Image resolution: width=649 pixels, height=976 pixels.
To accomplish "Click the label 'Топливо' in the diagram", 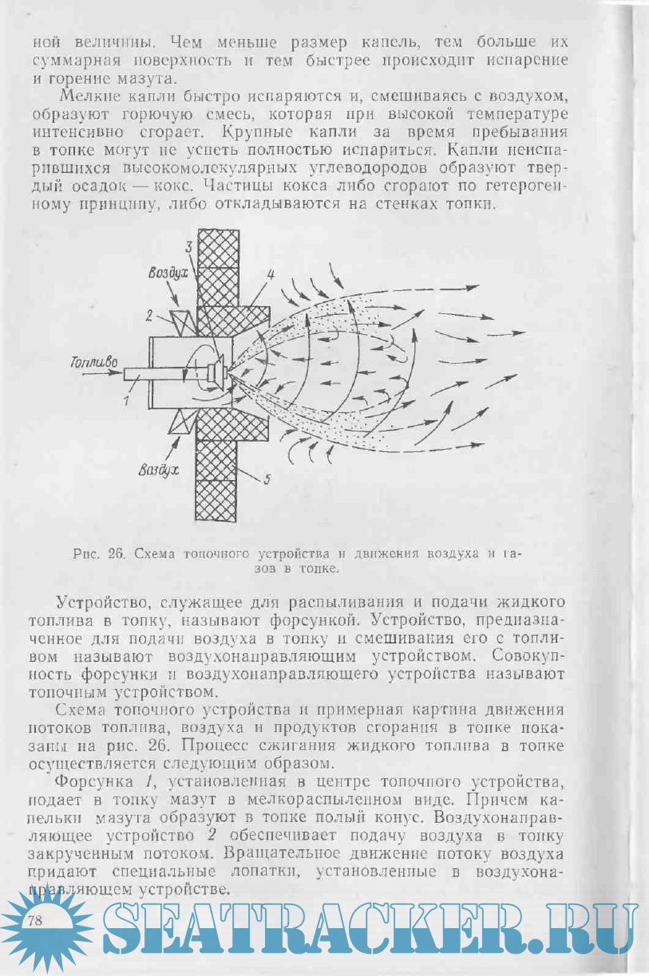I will [94, 364].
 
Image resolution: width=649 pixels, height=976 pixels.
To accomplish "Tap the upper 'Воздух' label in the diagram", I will [166, 273].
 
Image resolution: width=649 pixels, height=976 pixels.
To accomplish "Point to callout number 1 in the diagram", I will [125, 401].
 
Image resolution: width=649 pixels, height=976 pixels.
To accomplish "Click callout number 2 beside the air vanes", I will [148, 316].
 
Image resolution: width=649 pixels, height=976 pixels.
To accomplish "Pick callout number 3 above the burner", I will [190, 246].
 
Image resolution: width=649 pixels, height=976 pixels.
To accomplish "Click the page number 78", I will [35, 921].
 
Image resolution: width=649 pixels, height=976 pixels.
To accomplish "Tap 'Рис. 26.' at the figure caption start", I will [101, 553].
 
